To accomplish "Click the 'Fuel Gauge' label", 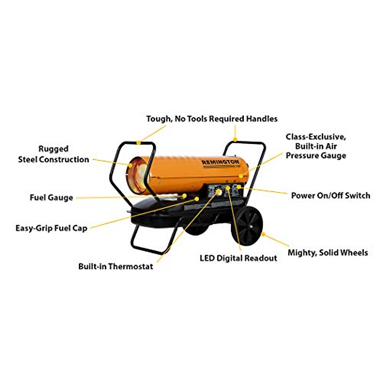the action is (x=51, y=198).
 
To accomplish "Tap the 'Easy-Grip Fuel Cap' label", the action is (x=51, y=228).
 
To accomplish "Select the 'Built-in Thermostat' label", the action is (x=116, y=266).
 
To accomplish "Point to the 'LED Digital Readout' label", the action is (x=238, y=258).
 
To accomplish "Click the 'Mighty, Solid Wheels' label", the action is (x=328, y=253).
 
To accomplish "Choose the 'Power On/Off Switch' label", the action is (x=330, y=195).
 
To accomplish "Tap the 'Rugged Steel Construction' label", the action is (x=53, y=154).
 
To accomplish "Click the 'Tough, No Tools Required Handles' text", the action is (x=212, y=119).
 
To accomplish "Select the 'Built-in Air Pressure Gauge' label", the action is (x=315, y=146).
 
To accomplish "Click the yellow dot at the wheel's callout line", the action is (x=263, y=234).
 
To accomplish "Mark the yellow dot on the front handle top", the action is (x=138, y=143).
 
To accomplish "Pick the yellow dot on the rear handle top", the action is (x=235, y=139).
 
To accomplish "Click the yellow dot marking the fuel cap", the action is (x=197, y=199).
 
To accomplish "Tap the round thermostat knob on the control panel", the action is (x=219, y=192).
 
